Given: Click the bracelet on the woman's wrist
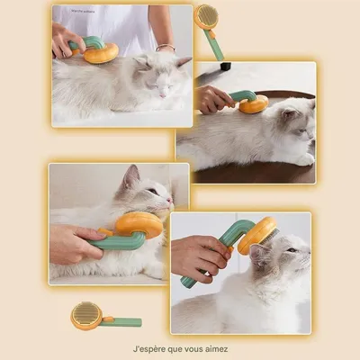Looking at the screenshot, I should click(165, 47).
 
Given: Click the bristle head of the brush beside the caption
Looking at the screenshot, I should click(86, 314).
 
